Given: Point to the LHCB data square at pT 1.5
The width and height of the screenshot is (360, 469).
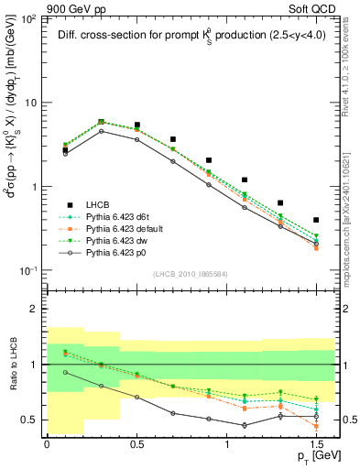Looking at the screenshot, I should [316, 220].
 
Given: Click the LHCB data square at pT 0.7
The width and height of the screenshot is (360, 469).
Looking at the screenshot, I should [172, 139].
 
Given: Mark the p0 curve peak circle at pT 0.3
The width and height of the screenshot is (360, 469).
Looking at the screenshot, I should [101, 131].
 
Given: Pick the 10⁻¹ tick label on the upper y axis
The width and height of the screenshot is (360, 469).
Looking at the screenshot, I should [28, 271].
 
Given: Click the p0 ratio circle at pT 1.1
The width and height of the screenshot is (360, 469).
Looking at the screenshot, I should [245, 425].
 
